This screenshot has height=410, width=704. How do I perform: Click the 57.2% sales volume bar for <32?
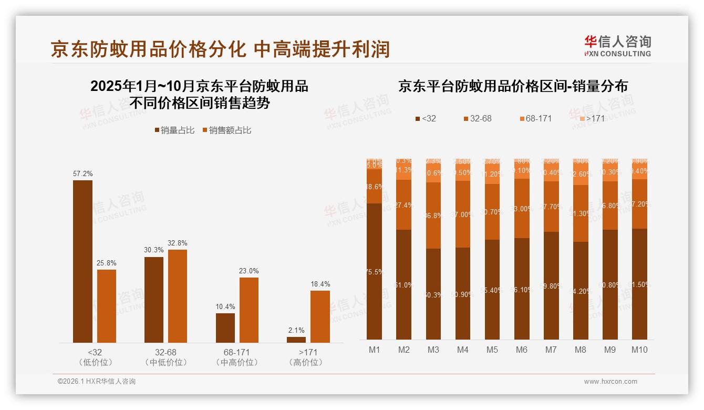tap(82, 261)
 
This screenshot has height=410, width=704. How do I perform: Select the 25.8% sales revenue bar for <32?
tap(107, 306)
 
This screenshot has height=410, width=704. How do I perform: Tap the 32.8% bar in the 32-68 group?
tap(178, 296)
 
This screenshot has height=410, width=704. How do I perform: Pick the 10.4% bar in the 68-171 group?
tap(225, 328)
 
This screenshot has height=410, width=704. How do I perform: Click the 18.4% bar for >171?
tap(320, 316)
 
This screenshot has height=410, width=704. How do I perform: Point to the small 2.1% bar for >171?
tap(296, 340)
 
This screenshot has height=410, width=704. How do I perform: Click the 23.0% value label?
tap(249, 271)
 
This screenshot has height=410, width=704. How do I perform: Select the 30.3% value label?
tap(154, 250)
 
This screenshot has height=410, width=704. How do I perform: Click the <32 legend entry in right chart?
tap(425, 118)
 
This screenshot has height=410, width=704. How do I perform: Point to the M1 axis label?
tap(375, 350)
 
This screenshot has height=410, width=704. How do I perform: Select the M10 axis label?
tap(639, 350)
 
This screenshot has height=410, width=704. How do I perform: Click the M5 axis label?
tap(492, 350)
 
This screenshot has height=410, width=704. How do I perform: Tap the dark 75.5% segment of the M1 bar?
tap(375, 271)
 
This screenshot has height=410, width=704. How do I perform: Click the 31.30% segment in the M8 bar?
tap(581, 213)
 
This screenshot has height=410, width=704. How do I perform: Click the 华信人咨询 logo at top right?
tap(617, 46)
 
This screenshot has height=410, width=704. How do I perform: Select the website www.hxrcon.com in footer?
tap(610, 382)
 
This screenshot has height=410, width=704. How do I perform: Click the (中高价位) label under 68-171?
tap(237, 362)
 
